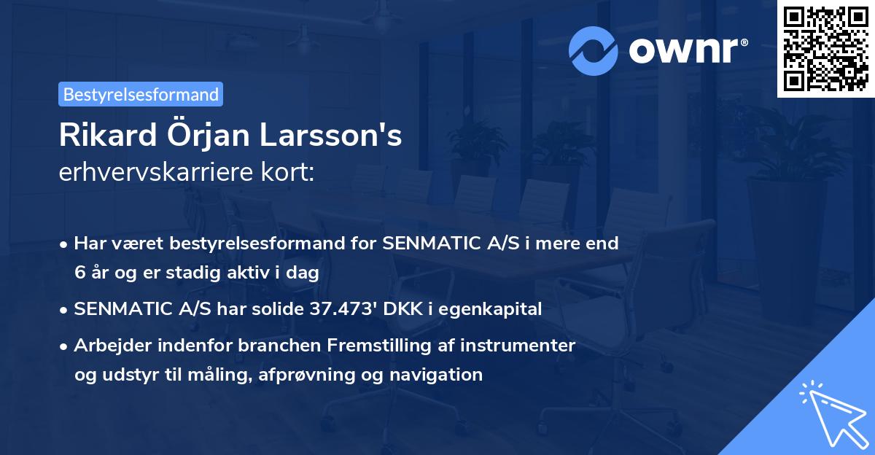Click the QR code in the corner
point(825,48)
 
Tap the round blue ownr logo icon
point(594,51)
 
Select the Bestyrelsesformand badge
point(141,94)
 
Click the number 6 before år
point(79,273)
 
